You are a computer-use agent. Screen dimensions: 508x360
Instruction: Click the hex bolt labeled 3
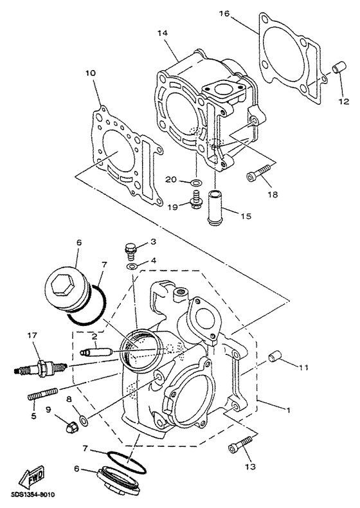pyautogui.click(x=130, y=248)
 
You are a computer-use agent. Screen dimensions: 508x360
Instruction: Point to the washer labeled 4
pyautogui.click(x=130, y=266)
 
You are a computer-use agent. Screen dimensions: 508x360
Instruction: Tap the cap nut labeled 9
pyautogui.click(x=66, y=423)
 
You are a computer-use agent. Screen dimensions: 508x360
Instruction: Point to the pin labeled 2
pyautogui.click(x=98, y=353)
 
